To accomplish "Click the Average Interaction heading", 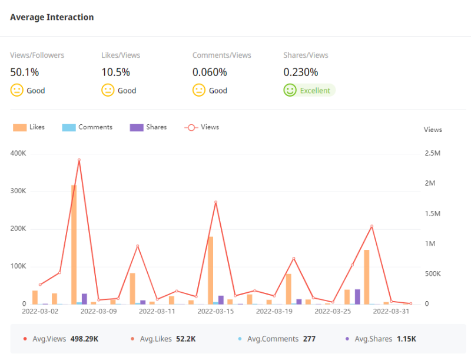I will coord(52,17).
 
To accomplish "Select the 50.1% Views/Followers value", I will coord(25,72).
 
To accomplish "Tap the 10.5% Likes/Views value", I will coord(116,72).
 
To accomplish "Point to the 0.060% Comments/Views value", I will coord(210,72).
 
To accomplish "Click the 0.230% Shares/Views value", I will coord(301,72).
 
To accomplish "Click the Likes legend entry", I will coord(29,127).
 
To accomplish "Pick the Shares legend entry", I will coord(148,127).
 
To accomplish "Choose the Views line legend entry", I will coord(202,127).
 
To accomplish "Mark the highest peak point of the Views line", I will coord(79,160).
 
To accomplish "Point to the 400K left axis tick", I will coord(18,153).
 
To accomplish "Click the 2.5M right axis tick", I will coord(433,153).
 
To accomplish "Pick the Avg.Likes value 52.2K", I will coord(185,339).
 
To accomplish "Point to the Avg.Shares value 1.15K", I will coord(406,339).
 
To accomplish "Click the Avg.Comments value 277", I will coord(309,339).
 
